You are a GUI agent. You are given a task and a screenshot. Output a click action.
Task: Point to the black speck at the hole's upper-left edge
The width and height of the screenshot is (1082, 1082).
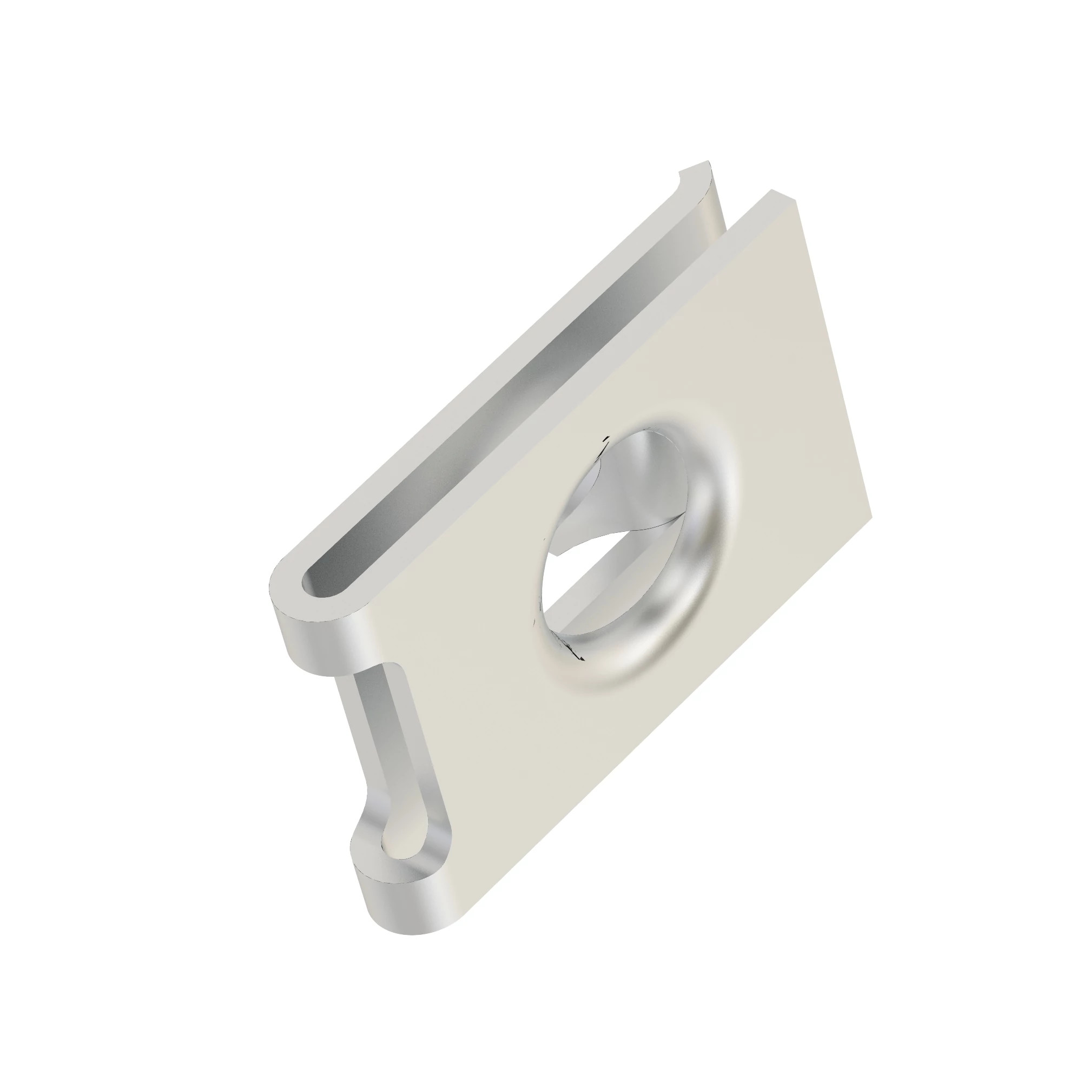click(604, 444)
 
